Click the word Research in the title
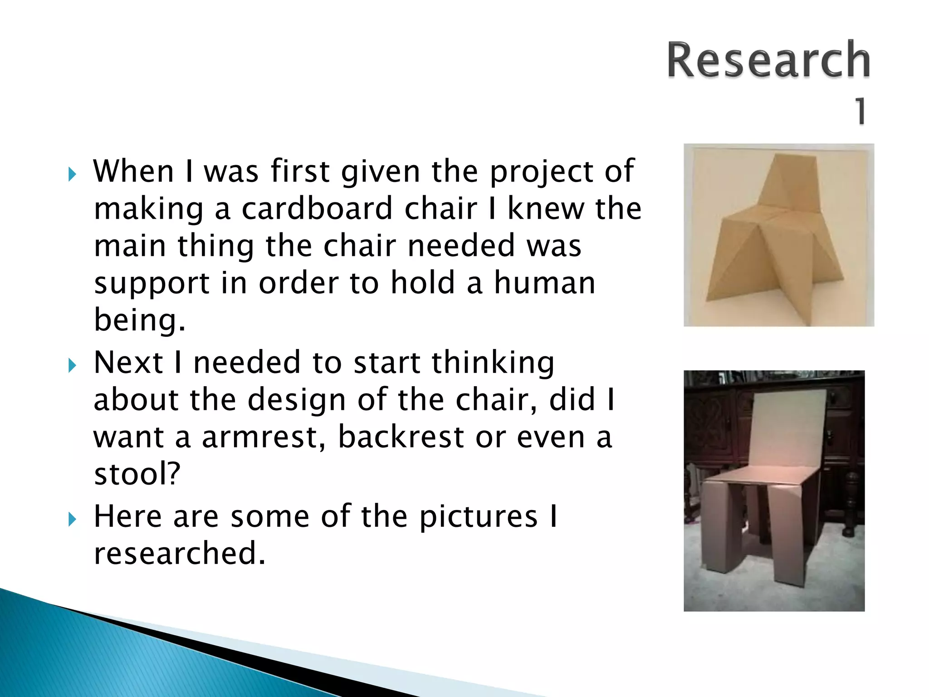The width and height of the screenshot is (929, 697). tap(768, 60)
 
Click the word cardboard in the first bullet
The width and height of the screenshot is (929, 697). tap(317, 209)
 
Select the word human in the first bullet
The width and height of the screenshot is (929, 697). tap(544, 283)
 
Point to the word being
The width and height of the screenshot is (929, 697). tap(140, 320)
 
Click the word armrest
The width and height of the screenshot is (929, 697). tap(264, 437)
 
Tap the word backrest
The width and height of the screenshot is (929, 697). tap(401, 437)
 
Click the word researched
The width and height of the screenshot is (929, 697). tap(180, 553)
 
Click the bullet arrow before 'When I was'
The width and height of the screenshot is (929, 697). tap(72, 174)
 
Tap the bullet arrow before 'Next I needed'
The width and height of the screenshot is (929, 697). tap(72, 365)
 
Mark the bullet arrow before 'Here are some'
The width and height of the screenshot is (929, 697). tap(72, 519)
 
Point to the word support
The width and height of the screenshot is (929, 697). tap(152, 283)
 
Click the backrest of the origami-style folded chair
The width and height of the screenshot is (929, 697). tap(787, 182)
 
